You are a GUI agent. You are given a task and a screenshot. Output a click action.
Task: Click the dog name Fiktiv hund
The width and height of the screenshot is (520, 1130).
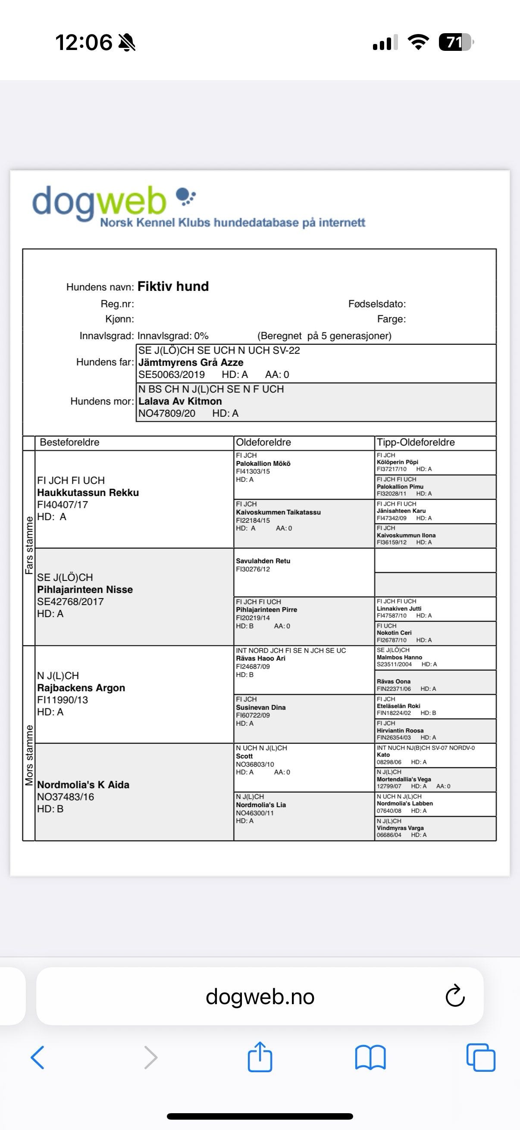(173, 287)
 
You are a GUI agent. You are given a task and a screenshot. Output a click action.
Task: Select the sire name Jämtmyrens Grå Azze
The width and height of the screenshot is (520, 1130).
(191, 362)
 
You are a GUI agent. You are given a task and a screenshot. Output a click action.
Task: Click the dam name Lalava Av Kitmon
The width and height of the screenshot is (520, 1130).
(180, 401)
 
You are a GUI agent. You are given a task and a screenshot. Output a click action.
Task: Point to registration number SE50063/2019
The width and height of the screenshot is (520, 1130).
(172, 375)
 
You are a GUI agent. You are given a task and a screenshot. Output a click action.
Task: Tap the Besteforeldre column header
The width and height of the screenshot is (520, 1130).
(69, 442)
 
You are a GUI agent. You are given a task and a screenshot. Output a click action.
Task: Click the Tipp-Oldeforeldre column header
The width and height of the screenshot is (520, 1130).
(415, 442)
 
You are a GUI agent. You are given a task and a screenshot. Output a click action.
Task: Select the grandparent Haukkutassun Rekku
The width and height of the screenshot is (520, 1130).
(88, 493)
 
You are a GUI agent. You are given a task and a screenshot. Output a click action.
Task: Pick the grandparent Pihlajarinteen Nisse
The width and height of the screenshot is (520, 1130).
(85, 590)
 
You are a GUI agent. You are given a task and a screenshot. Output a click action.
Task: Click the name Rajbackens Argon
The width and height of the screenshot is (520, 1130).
(81, 688)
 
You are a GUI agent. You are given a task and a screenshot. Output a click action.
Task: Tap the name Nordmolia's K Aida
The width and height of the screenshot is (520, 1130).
(83, 785)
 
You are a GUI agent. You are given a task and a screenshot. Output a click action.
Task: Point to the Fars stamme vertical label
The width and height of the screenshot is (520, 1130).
(29, 545)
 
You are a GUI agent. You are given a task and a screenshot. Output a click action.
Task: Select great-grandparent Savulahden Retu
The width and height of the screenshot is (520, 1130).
(263, 561)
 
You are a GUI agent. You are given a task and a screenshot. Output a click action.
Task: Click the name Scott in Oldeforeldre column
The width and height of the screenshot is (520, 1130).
(244, 756)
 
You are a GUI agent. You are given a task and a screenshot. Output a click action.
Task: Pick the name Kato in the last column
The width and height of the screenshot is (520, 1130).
(383, 755)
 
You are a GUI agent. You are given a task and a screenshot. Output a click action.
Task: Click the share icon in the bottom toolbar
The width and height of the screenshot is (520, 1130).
(260, 1057)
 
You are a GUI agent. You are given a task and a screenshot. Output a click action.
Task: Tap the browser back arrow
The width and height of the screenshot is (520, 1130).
(38, 1057)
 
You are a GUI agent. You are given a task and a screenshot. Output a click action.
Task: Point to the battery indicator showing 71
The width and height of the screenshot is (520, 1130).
(454, 43)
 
